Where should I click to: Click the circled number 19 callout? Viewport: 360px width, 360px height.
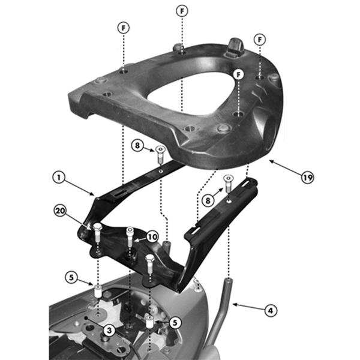(x=307, y=178)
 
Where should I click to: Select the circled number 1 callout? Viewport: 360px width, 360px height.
(x=58, y=178)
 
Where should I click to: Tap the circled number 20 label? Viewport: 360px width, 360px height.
(x=59, y=211)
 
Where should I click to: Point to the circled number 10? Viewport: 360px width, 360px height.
(x=152, y=237)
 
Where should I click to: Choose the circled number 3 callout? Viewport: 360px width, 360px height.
(x=109, y=329)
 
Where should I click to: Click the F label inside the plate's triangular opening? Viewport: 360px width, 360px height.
(x=239, y=74)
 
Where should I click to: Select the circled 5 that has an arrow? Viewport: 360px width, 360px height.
(x=71, y=277)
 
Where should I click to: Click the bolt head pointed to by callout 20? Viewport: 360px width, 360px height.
(x=97, y=227)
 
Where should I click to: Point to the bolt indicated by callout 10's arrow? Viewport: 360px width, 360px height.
(x=130, y=230)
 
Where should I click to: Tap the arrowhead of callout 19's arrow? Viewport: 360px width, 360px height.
(x=271, y=160)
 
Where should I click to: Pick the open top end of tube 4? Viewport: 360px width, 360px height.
(x=229, y=278)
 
